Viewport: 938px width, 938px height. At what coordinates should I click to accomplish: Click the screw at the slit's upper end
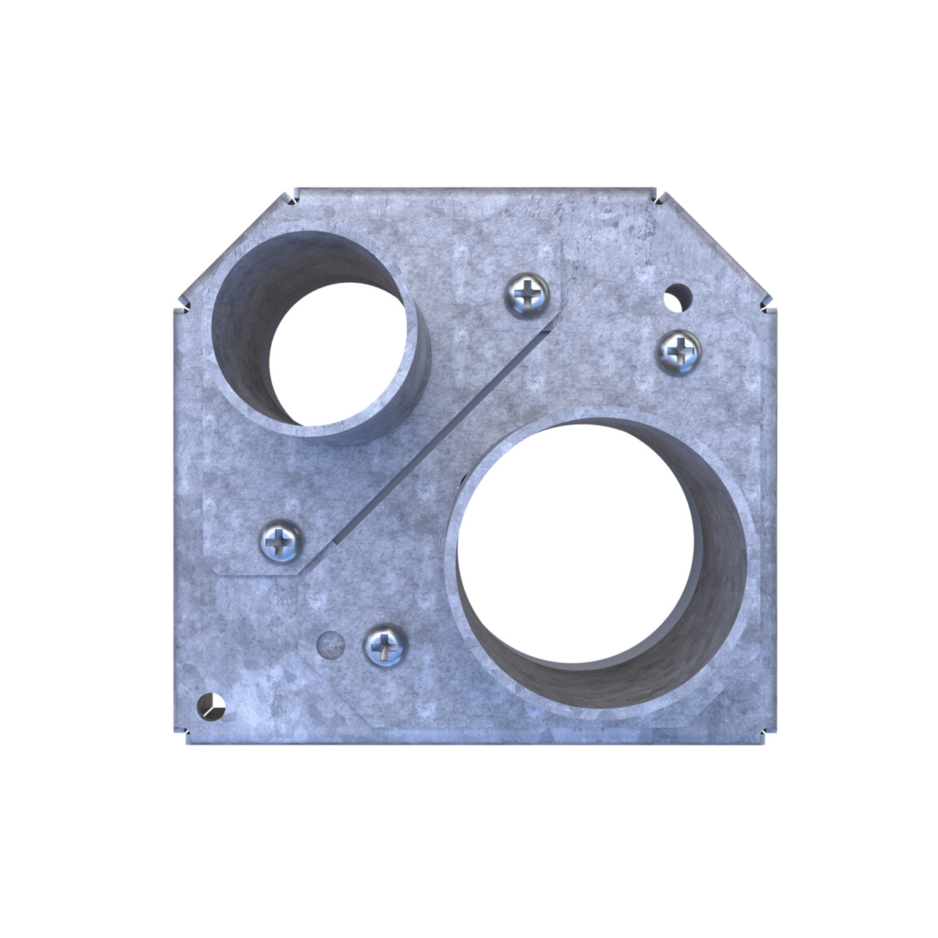(526, 296)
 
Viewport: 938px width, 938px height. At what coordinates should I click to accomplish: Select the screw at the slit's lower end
(281, 542)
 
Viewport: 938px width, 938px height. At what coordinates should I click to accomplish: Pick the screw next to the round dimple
(385, 646)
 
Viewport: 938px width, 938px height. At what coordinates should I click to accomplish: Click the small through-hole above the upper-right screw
(679, 298)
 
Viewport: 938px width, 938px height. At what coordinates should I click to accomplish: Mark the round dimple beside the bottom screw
(330, 644)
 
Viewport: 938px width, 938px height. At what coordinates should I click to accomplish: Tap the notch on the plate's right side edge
(767, 306)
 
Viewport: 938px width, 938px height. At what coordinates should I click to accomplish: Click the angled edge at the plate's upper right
(714, 249)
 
